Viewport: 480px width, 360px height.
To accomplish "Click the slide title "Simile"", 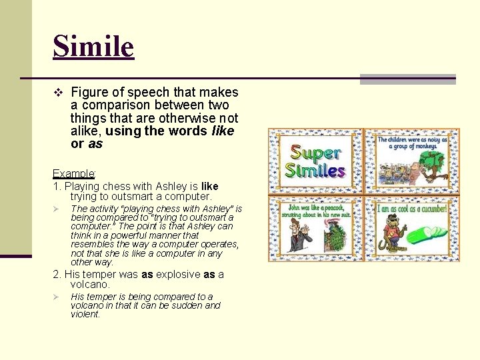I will point(93,47).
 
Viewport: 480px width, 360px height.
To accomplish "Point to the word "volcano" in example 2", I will point(91,285).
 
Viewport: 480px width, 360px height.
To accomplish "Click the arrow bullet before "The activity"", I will point(57,209).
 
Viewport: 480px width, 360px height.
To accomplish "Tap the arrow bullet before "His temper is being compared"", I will point(57,297).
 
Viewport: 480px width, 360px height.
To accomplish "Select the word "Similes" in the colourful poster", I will point(315,170).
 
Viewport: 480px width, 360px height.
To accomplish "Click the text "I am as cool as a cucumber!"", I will point(411,209).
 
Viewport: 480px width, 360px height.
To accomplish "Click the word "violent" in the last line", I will point(85,314).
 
